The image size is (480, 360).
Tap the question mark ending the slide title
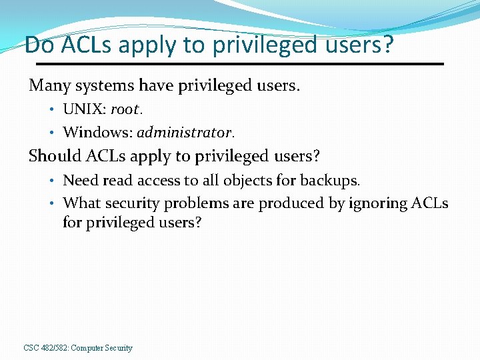[389, 45]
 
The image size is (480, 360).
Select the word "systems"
[101, 86]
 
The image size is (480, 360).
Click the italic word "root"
[124, 109]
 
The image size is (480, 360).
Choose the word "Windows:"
[97, 132]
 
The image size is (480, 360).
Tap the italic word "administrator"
[185, 132]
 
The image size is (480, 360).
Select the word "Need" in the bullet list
[79, 180]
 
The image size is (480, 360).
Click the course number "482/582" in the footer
[52, 348]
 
